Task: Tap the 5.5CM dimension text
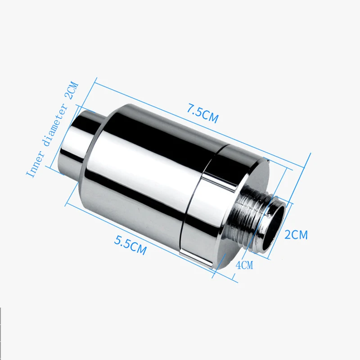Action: tap(130, 246)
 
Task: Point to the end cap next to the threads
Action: tap(225, 198)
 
